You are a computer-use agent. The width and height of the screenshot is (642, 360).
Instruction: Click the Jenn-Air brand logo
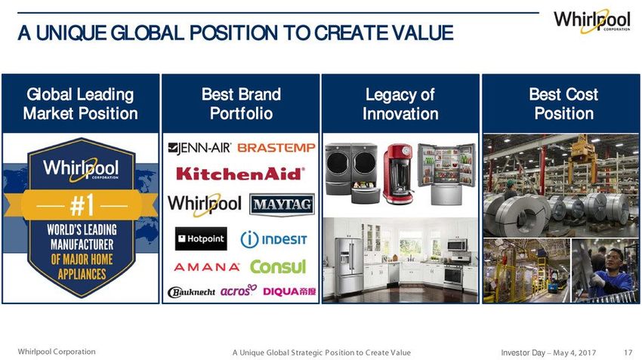click(x=200, y=148)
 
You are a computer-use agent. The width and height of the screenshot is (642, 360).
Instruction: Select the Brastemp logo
click(x=276, y=148)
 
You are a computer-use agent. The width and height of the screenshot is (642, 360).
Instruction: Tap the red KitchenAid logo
click(x=241, y=174)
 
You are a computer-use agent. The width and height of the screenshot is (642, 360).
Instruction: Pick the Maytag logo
click(x=282, y=205)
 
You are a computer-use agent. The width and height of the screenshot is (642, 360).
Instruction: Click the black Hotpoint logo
click(x=201, y=239)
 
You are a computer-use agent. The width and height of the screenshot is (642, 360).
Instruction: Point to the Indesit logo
click(x=273, y=239)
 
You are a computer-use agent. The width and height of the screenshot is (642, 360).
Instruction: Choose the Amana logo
click(x=207, y=267)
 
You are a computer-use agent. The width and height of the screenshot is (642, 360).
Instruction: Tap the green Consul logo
click(x=278, y=266)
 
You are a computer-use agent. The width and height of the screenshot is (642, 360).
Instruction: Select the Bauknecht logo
click(x=191, y=292)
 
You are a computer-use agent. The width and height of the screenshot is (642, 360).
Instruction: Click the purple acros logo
click(x=239, y=291)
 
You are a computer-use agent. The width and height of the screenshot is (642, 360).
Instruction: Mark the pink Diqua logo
click(x=289, y=291)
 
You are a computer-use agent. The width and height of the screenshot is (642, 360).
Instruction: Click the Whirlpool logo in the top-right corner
click(x=592, y=20)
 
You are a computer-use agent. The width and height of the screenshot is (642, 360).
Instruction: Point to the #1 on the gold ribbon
click(x=82, y=205)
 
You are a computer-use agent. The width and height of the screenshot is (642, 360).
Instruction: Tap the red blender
click(x=398, y=174)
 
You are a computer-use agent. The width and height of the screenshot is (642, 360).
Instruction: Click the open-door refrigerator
click(x=446, y=173)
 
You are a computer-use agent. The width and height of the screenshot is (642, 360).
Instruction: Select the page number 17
click(x=628, y=352)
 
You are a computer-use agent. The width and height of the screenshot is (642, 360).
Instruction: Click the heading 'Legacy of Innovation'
click(x=400, y=104)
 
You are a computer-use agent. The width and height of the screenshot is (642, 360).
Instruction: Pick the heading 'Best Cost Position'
click(x=563, y=104)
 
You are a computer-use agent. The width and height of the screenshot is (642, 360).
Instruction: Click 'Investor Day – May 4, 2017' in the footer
click(x=548, y=352)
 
